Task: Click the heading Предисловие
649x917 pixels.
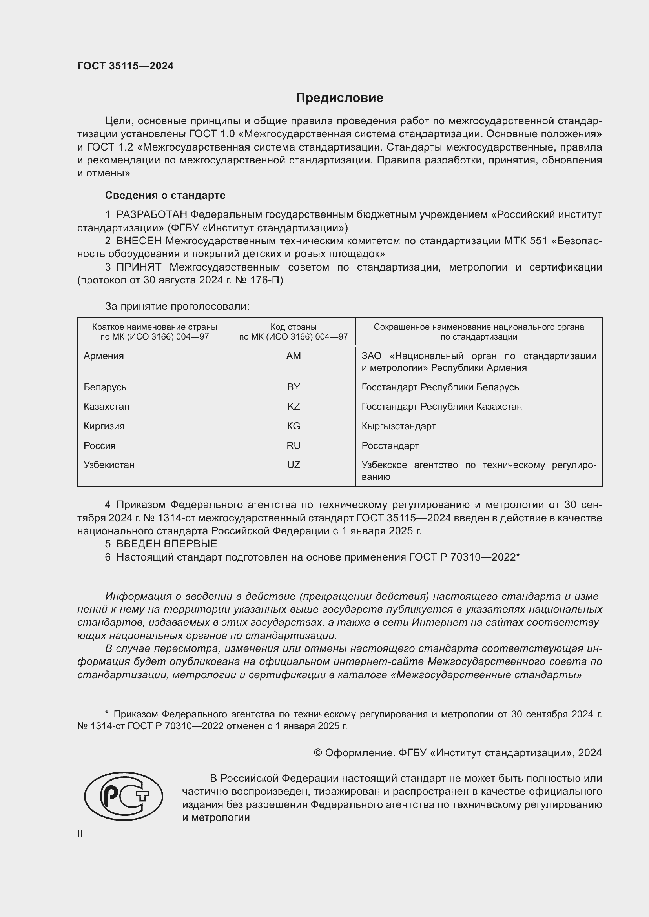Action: (x=339, y=98)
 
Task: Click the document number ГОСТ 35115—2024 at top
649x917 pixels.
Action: (x=126, y=66)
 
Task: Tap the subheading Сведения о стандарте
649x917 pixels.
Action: (x=165, y=195)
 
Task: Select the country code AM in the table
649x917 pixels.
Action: (x=294, y=356)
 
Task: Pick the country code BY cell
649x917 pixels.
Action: (x=294, y=387)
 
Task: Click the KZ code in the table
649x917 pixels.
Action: (x=294, y=407)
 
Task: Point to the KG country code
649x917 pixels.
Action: (x=294, y=426)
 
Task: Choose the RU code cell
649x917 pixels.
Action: (x=294, y=446)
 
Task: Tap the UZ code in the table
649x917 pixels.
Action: (x=294, y=465)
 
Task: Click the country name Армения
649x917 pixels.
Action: (x=104, y=356)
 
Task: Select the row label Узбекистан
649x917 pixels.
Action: (x=109, y=465)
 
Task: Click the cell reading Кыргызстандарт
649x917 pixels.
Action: (x=398, y=426)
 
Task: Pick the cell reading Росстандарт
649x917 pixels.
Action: (x=390, y=446)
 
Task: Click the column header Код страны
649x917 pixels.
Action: (x=294, y=327)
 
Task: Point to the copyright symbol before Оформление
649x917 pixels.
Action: (x=318, y=753)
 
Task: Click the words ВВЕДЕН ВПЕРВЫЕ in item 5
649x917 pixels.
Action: (x=167, y=543)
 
